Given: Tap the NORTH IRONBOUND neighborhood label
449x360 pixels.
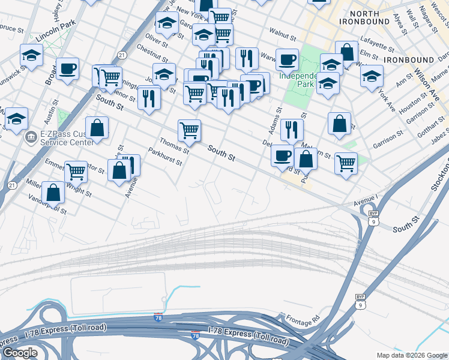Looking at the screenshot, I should [359, 17].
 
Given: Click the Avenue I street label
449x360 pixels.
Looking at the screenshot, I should [367, 198].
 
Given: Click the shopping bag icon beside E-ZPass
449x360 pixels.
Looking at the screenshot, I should [97, 128].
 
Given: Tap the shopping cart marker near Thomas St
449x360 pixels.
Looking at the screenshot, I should [189, 130].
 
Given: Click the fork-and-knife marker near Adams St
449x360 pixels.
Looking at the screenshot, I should [292, 129].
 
